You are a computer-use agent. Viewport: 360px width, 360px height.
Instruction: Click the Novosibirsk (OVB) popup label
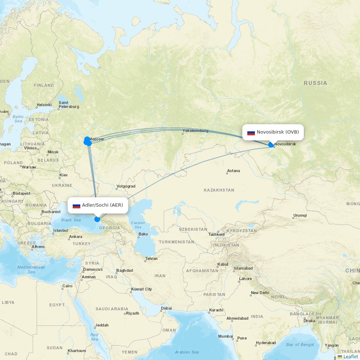[x=278, y=132]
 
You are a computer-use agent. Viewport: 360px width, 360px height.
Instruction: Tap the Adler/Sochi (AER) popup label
[x=102, y=205]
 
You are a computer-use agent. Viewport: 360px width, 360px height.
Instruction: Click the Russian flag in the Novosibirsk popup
[x=251, y=132]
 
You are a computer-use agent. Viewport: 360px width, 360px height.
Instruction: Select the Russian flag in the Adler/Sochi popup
[x=76, y=206]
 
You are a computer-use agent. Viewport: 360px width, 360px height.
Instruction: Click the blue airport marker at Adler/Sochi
[x=97, y=219]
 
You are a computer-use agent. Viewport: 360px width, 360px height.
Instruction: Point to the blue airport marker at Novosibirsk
[x=271, y=145]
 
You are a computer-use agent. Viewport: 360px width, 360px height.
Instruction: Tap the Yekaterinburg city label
[x=195, y=131]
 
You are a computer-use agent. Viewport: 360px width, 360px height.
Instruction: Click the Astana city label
[x=234, y=171]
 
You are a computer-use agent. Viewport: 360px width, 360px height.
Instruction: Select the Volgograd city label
[x=126, y=186]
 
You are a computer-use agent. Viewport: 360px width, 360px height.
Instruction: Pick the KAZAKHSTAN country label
[x=219, y=190]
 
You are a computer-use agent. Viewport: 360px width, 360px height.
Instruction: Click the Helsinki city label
[x=44, y=105]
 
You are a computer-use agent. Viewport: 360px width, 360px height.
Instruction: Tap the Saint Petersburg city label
[x=68, y=104]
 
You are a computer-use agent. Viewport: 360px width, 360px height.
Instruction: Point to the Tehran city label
[x=151, y=258]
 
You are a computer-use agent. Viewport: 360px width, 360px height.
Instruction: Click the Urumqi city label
[x=300, y=215]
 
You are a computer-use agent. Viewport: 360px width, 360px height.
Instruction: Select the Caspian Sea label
[x=138, y=225]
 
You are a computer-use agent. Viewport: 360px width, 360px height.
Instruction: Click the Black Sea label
[x=71, y=220]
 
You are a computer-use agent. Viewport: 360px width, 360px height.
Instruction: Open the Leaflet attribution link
[x=350, y=356]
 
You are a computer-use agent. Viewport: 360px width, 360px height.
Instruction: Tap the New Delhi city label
[x=260, y=293]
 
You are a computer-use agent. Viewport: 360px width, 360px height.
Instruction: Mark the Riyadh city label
[x=132, y=313]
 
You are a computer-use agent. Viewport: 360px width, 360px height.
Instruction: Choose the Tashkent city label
[x=216, y=234]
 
